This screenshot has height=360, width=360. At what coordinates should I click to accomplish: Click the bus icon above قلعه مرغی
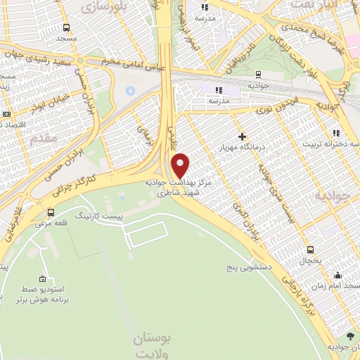coord(51,212)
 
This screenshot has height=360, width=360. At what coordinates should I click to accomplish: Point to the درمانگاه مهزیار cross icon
coord(243,136)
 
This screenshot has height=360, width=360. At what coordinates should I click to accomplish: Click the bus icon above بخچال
coord(310,250)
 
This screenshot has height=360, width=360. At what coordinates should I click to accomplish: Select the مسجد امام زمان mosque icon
coord(338,275)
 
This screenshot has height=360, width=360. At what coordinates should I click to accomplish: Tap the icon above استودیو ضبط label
coord(43,278)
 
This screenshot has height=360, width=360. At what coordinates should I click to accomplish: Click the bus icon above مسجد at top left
coord(66,28)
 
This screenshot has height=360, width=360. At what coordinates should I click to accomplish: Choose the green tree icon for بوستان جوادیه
coord(349,335)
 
